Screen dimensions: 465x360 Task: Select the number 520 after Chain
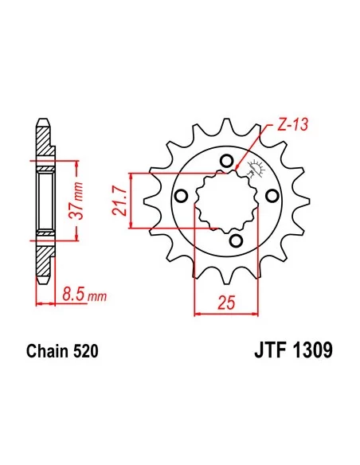tap(86, 350)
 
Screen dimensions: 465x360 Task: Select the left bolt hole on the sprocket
tap(182, 196)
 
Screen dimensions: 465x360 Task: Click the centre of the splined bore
tap(226, 199)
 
